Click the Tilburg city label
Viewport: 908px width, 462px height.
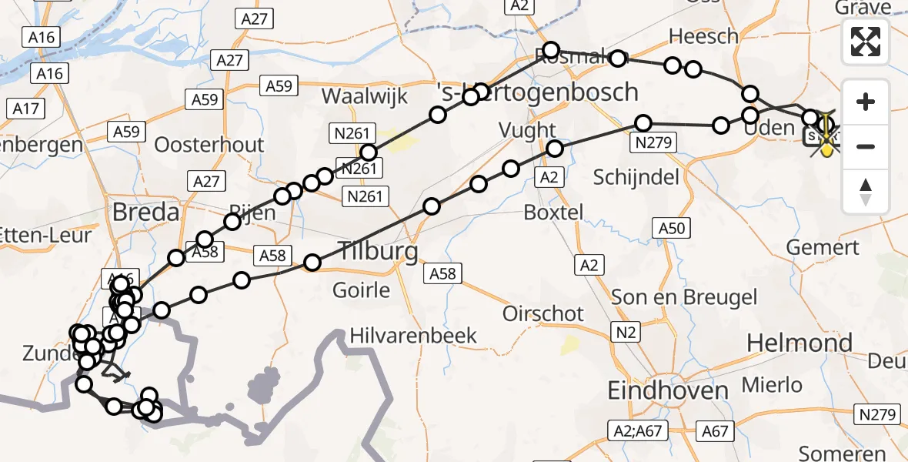pos(377,251)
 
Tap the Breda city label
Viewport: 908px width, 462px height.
pos(146,212)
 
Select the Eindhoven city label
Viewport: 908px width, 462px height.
pos(668,390)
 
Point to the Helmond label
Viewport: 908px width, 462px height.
pos(800,343)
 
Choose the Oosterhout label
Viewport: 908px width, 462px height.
pos(209,145)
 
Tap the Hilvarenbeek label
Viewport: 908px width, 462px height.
pos(413,336)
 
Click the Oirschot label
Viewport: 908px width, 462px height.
pos(543,313)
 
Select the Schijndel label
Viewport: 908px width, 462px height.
pos(636,177)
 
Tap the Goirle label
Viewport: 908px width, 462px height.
pos(362,290)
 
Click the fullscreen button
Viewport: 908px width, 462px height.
pos(866,41)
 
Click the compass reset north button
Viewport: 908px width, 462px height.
pos(866,192)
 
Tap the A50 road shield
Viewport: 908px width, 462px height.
pos(671,228)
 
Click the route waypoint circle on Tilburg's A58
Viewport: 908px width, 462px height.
pos(312,263)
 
